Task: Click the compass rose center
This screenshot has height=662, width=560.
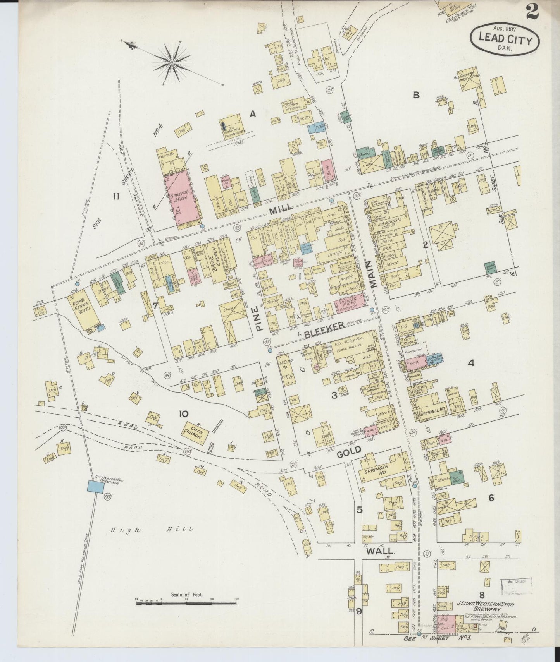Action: point(171,62)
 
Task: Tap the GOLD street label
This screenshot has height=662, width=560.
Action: point(349,450)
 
